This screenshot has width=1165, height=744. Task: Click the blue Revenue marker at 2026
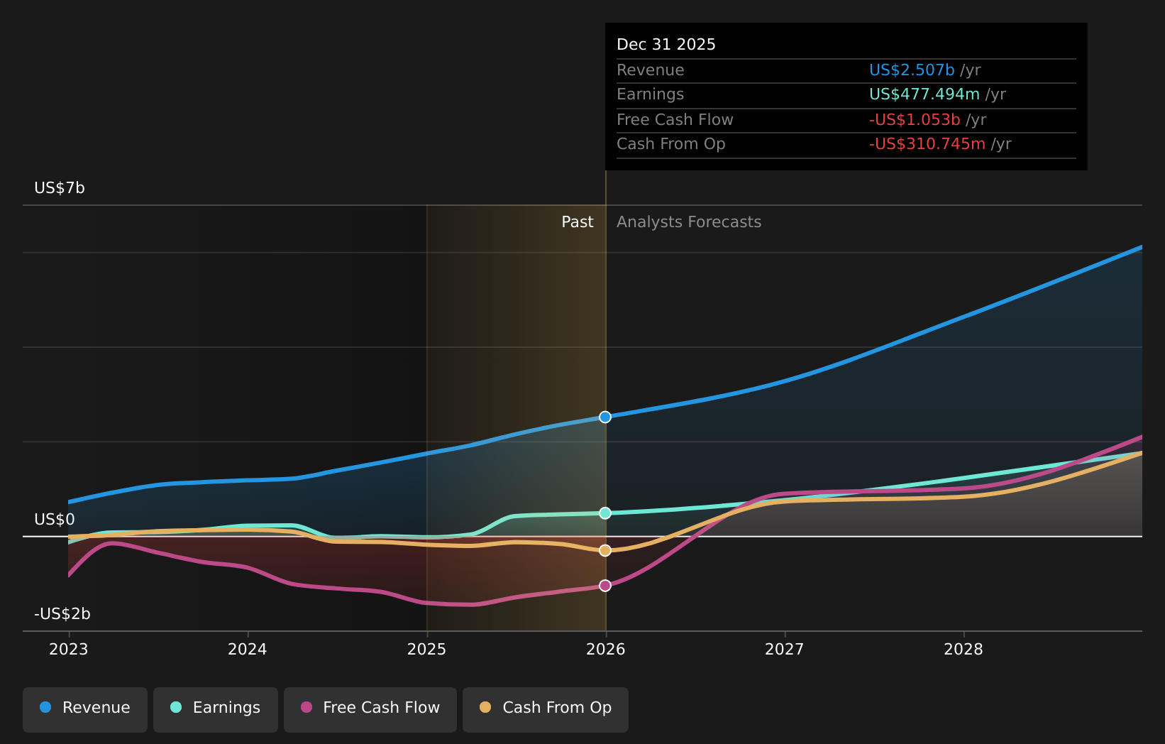pyautogui.click(x=605, y=417)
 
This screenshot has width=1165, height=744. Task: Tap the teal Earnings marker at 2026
pyautogui.click(x=605, y=513)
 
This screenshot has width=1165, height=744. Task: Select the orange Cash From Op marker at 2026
pyautogui.click(x=605, y=550)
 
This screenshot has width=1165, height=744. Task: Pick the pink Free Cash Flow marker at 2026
pyautogui.click(x=605, y=586)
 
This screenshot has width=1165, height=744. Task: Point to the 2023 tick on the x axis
pyautogui.click(x=69, y=649)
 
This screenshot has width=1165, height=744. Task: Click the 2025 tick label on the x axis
pyautogui.click(x=426, y=649)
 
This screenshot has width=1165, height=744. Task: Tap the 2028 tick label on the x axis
pyautogui.click(x=964, y=649)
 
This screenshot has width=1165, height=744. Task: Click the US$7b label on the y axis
pyautogui.click(x=60, y=188)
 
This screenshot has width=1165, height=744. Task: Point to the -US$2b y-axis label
pyautogui.click(x=62, y=614)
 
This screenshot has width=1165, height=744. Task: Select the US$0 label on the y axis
pyautogui.click(x=55, y=520)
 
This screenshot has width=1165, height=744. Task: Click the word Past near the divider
pyautogui.click(x=578, y=222)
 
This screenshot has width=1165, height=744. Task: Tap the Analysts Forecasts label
pyautogui.click(x=688, y=222)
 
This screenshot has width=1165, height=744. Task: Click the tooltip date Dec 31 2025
pyautogui.click(x=666, y=45)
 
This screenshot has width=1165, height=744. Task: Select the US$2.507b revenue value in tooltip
pyautogui.click(x=912, y=70)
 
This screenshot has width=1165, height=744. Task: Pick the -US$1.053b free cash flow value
pyautogui.click(x=915, y=120)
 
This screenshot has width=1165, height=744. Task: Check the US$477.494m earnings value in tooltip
pyautogui.click(x=924, y=94)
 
